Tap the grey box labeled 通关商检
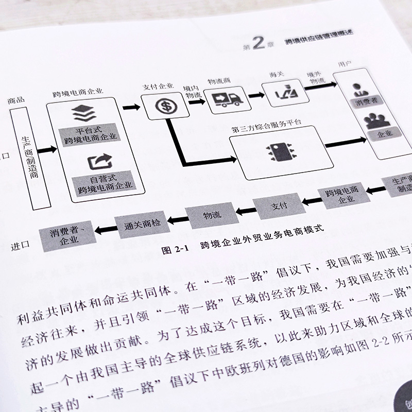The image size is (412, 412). tap(142, 225)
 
